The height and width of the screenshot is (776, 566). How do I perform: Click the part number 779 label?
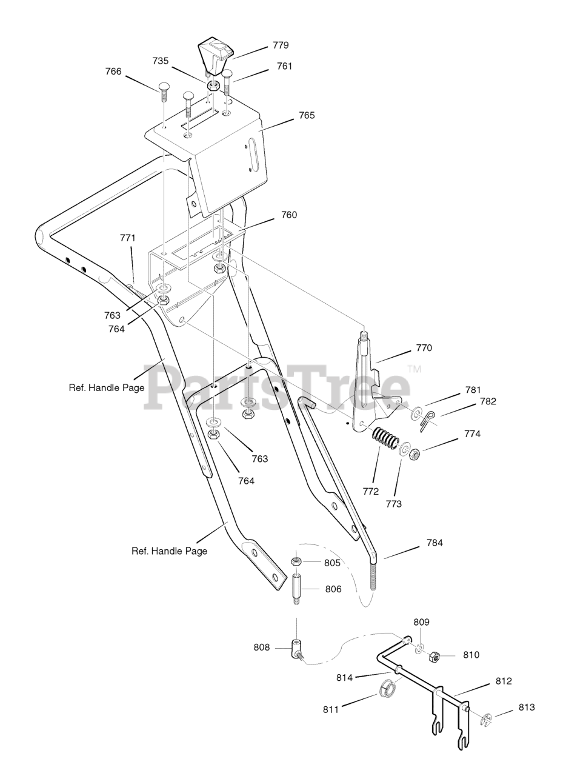[281, 45]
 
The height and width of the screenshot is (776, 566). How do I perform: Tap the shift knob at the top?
[214, 55]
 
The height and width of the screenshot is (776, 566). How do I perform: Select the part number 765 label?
[307, 115]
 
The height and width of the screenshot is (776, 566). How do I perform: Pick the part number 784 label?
[434, 543]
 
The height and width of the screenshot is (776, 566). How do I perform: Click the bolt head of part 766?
[164, 86]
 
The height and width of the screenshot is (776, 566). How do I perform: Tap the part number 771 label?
[127, 238]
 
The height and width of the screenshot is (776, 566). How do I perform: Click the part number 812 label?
[504, 681]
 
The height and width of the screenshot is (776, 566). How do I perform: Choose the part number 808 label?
[262, 647]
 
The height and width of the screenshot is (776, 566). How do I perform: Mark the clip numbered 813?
[486, 720]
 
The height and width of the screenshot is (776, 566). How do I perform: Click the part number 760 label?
[289, 215]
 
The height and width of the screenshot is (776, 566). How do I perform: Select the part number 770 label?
[424, 349]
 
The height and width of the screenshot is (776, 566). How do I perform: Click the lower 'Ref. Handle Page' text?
[169, 551]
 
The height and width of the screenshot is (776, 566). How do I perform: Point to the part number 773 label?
[393, 503]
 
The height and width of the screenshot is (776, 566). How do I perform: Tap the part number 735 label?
[161, 61]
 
